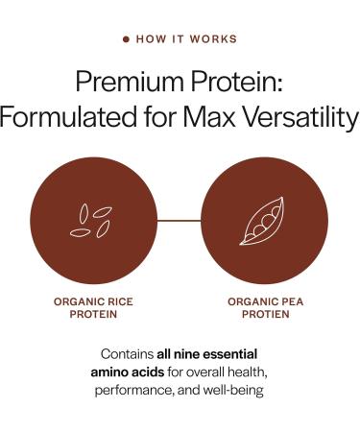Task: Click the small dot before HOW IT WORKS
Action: [126, 39]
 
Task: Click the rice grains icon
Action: [93, 221]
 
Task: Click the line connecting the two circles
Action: [179, 221]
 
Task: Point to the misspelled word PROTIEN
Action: [266, 315]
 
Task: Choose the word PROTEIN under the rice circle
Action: [93, 315]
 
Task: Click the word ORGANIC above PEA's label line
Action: [252, 301]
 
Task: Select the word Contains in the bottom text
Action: [126, 354]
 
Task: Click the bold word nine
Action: [195, 354]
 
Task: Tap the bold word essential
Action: [235, 354]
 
